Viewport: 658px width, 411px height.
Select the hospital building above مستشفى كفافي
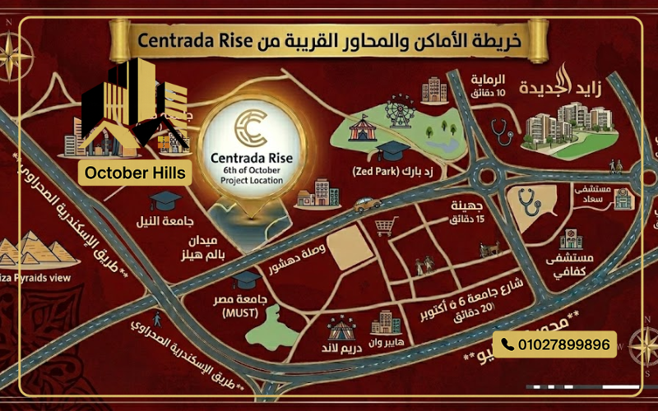pyautogui.click(x=570, y=240)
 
